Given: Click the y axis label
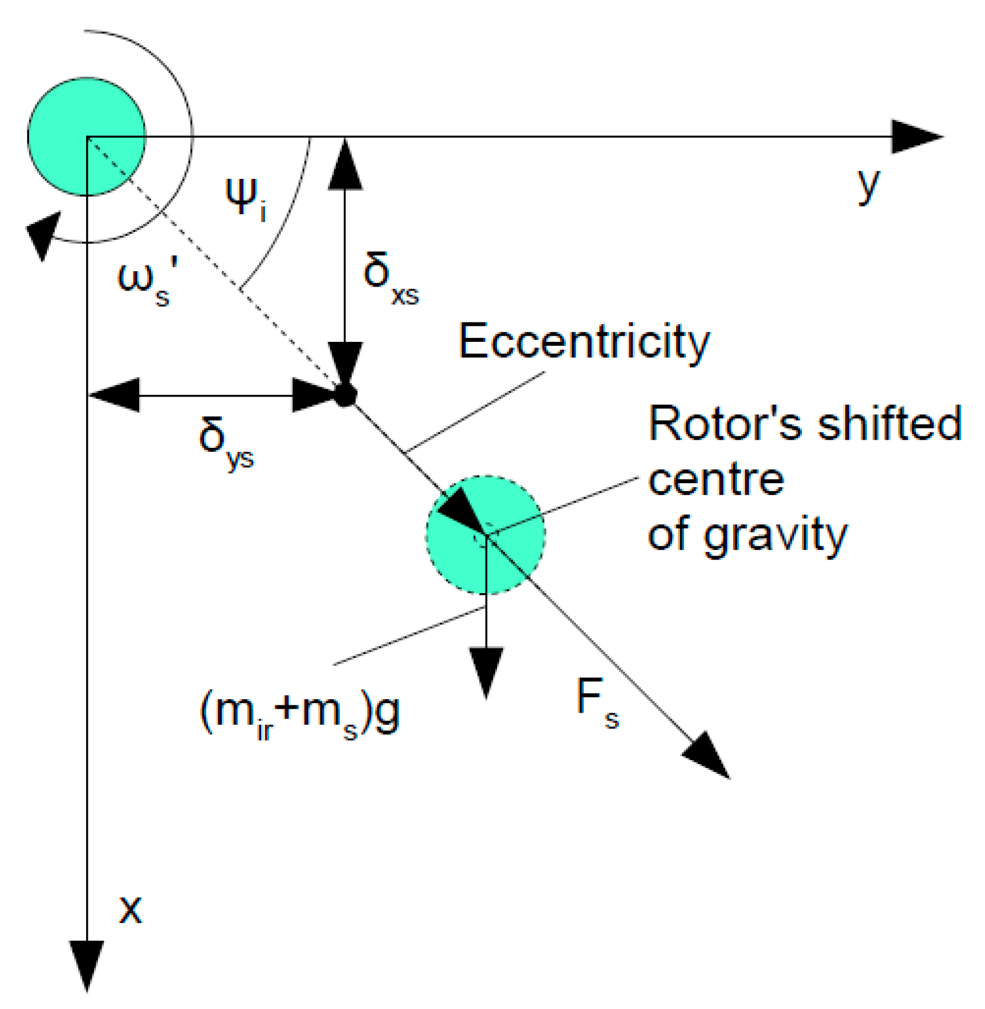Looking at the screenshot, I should tap(869, 186).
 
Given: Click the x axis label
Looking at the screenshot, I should tap(130, 910).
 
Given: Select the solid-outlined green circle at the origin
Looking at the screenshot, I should tap(87, 137).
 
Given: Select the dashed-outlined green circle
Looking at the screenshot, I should tap(486, 534).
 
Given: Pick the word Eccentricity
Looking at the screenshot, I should tap(584, 342).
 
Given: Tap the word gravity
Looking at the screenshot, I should tap(775, 536).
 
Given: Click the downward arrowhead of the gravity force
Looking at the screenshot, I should tap(486, 671).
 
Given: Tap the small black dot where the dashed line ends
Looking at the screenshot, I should tap(344, 395).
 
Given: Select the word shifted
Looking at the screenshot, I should tap(889, 424).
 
